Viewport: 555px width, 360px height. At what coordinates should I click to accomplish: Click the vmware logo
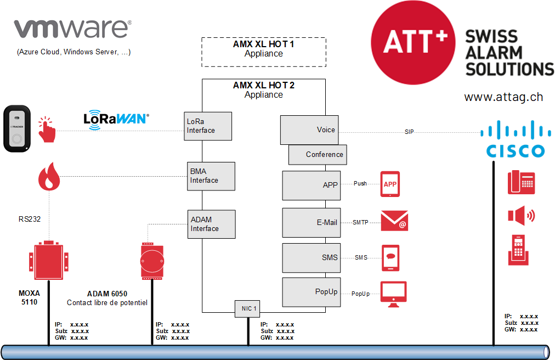point(72,29)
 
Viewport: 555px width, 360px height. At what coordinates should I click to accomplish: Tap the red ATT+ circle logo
point(413,42)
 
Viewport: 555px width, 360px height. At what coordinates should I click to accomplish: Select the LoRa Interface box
point(208,126)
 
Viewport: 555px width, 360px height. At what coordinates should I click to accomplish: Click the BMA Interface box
point(211,176)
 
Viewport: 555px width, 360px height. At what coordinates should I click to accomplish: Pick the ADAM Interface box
point(211,224)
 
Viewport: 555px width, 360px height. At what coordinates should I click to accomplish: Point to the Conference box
point(318,155)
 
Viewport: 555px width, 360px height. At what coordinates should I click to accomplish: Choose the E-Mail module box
point(311,222)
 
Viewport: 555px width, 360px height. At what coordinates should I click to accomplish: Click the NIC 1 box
point(247,308)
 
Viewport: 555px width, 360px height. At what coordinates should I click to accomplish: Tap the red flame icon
point(49,177)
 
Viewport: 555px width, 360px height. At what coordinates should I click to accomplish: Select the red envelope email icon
point(394,221)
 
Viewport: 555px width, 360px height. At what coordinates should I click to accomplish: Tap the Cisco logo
point(516,139)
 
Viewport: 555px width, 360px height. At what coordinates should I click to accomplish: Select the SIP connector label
point(409,132)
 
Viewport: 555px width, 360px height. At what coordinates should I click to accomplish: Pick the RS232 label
point(30,220)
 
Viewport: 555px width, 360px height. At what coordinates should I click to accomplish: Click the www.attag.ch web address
point(503,97)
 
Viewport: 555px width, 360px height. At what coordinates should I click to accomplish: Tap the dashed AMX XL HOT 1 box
point(264,52)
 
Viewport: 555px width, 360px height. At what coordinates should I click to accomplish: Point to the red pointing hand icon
point(47,130)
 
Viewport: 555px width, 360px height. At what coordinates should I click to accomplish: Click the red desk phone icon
point(521,182)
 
